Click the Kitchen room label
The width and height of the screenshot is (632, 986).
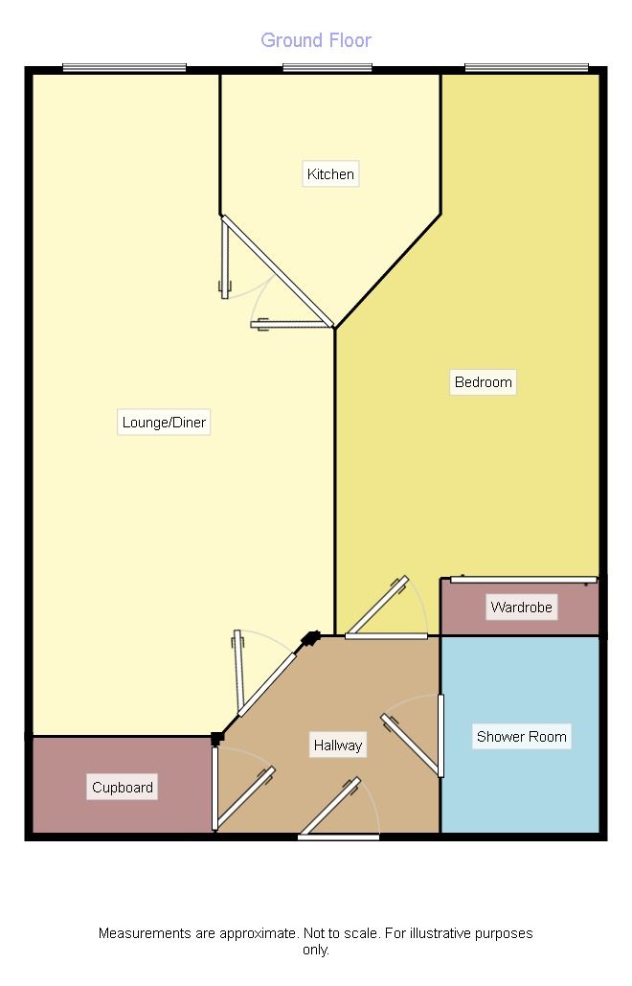click(330, 174)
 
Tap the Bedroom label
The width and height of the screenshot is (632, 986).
click(483, 382)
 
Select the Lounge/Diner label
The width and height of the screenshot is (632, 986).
click(164, 423)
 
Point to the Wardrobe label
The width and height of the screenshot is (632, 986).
click(521, 608)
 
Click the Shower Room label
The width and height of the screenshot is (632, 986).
click(521, 737)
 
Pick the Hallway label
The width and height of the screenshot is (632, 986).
click(337, 745)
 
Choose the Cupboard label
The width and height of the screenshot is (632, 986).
click(123, 788)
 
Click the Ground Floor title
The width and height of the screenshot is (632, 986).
click(316, 40)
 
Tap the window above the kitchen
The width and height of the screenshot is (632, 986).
click(327, 67)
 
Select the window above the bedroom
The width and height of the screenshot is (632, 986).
click(526, 67)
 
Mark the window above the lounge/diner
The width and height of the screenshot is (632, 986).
click(124, 67)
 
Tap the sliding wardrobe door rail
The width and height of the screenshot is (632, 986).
click(523, 579)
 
